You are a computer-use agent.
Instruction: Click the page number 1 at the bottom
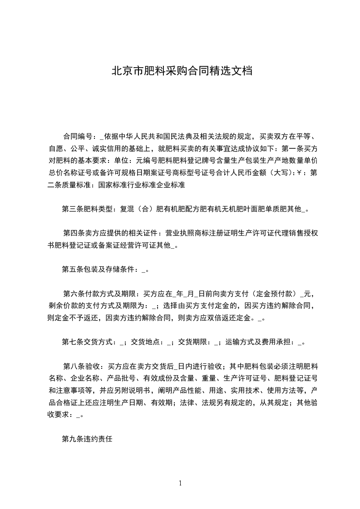[180, 483]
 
